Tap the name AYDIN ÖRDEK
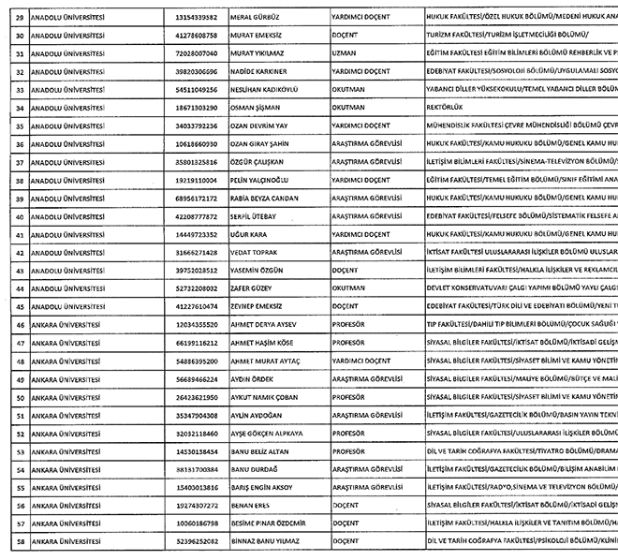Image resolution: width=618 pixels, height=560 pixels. click(274, 378)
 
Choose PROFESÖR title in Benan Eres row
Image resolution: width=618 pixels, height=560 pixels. click(348, 506)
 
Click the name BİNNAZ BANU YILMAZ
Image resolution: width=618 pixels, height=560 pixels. click(286, 541)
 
